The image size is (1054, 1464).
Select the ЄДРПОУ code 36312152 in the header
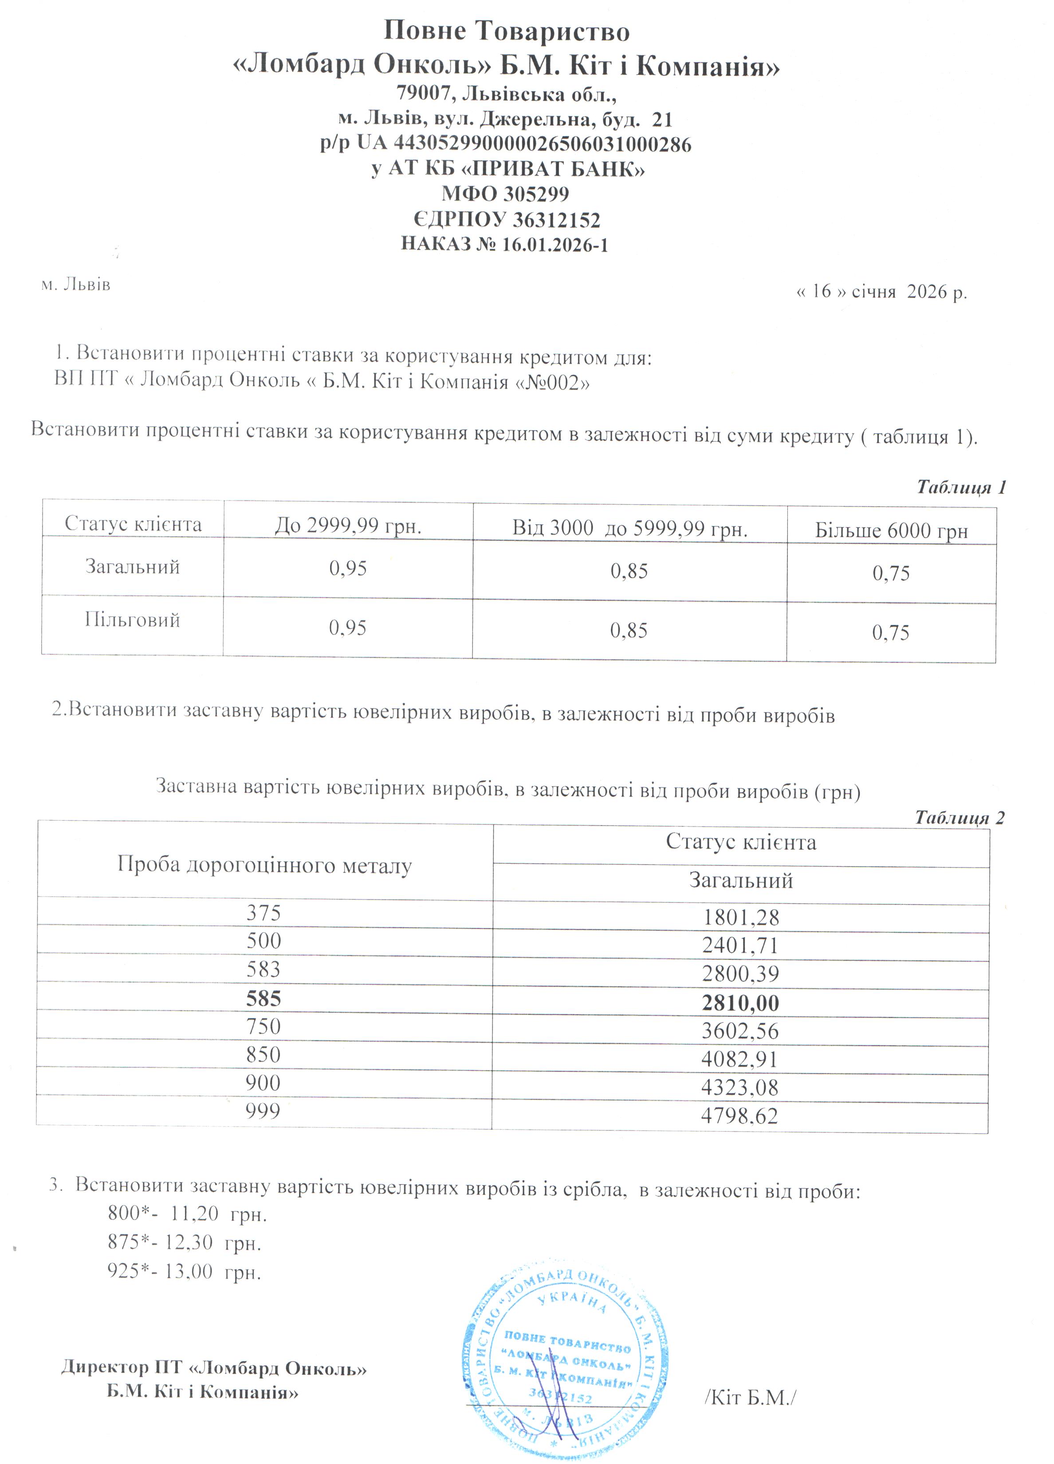[556, 220]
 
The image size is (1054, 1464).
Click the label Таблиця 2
[959, 818]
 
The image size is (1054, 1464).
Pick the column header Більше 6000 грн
[891, 531]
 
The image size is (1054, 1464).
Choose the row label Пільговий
[132, 620]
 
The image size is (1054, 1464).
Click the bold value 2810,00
[740, 1003]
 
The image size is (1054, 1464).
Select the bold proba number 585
[263, 999]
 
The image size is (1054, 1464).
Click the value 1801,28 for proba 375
[740, 917]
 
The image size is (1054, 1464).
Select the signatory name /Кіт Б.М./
[750, 1397]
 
